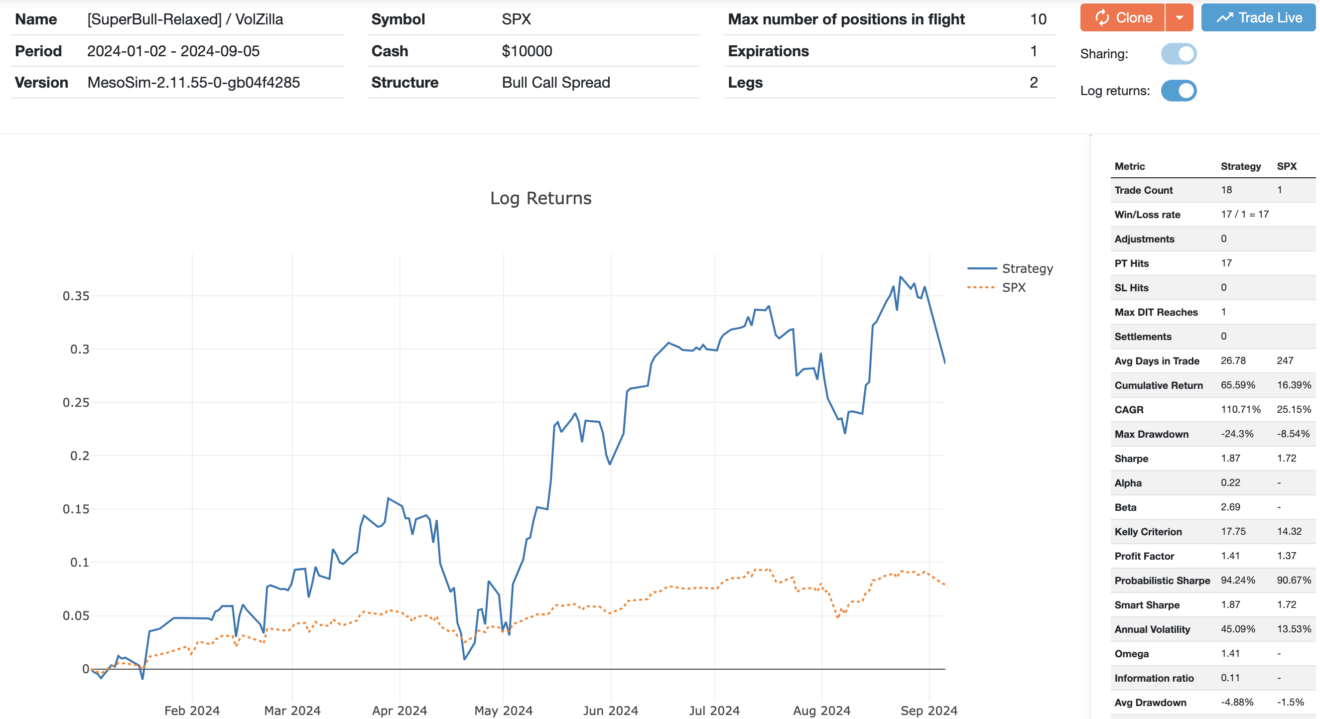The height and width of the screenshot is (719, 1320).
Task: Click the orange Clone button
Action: [1122, 18]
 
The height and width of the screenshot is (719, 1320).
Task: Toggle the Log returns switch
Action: [1179, 91]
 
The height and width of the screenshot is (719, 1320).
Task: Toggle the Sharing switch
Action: [1179, 54]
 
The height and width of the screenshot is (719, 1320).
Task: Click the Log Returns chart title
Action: [540, 198]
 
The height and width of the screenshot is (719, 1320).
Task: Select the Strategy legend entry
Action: [1027, 268]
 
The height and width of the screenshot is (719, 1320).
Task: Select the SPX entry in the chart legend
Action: [1014, 287]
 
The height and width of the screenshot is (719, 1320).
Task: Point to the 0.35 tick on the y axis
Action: [76, 296]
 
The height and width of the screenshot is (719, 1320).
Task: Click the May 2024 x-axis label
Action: [503, 711]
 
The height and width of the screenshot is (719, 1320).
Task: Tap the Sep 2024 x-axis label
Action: [928, 711]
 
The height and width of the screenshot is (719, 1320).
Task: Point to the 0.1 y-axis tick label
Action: [79, 562]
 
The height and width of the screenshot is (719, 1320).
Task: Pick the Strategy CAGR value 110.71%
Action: [1240, 409]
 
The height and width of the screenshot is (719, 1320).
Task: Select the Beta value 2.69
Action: [1230, 507]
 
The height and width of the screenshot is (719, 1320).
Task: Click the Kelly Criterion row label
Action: [1148, 532]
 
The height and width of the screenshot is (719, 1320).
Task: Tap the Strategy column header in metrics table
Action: [1240, 166]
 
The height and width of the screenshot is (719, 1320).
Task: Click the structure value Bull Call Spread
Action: [555, 83]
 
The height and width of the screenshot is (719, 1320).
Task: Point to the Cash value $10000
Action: [527, 51]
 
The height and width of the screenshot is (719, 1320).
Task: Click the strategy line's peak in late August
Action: [900, 277]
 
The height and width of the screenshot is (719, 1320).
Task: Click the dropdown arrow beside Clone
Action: [1179, 18]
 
